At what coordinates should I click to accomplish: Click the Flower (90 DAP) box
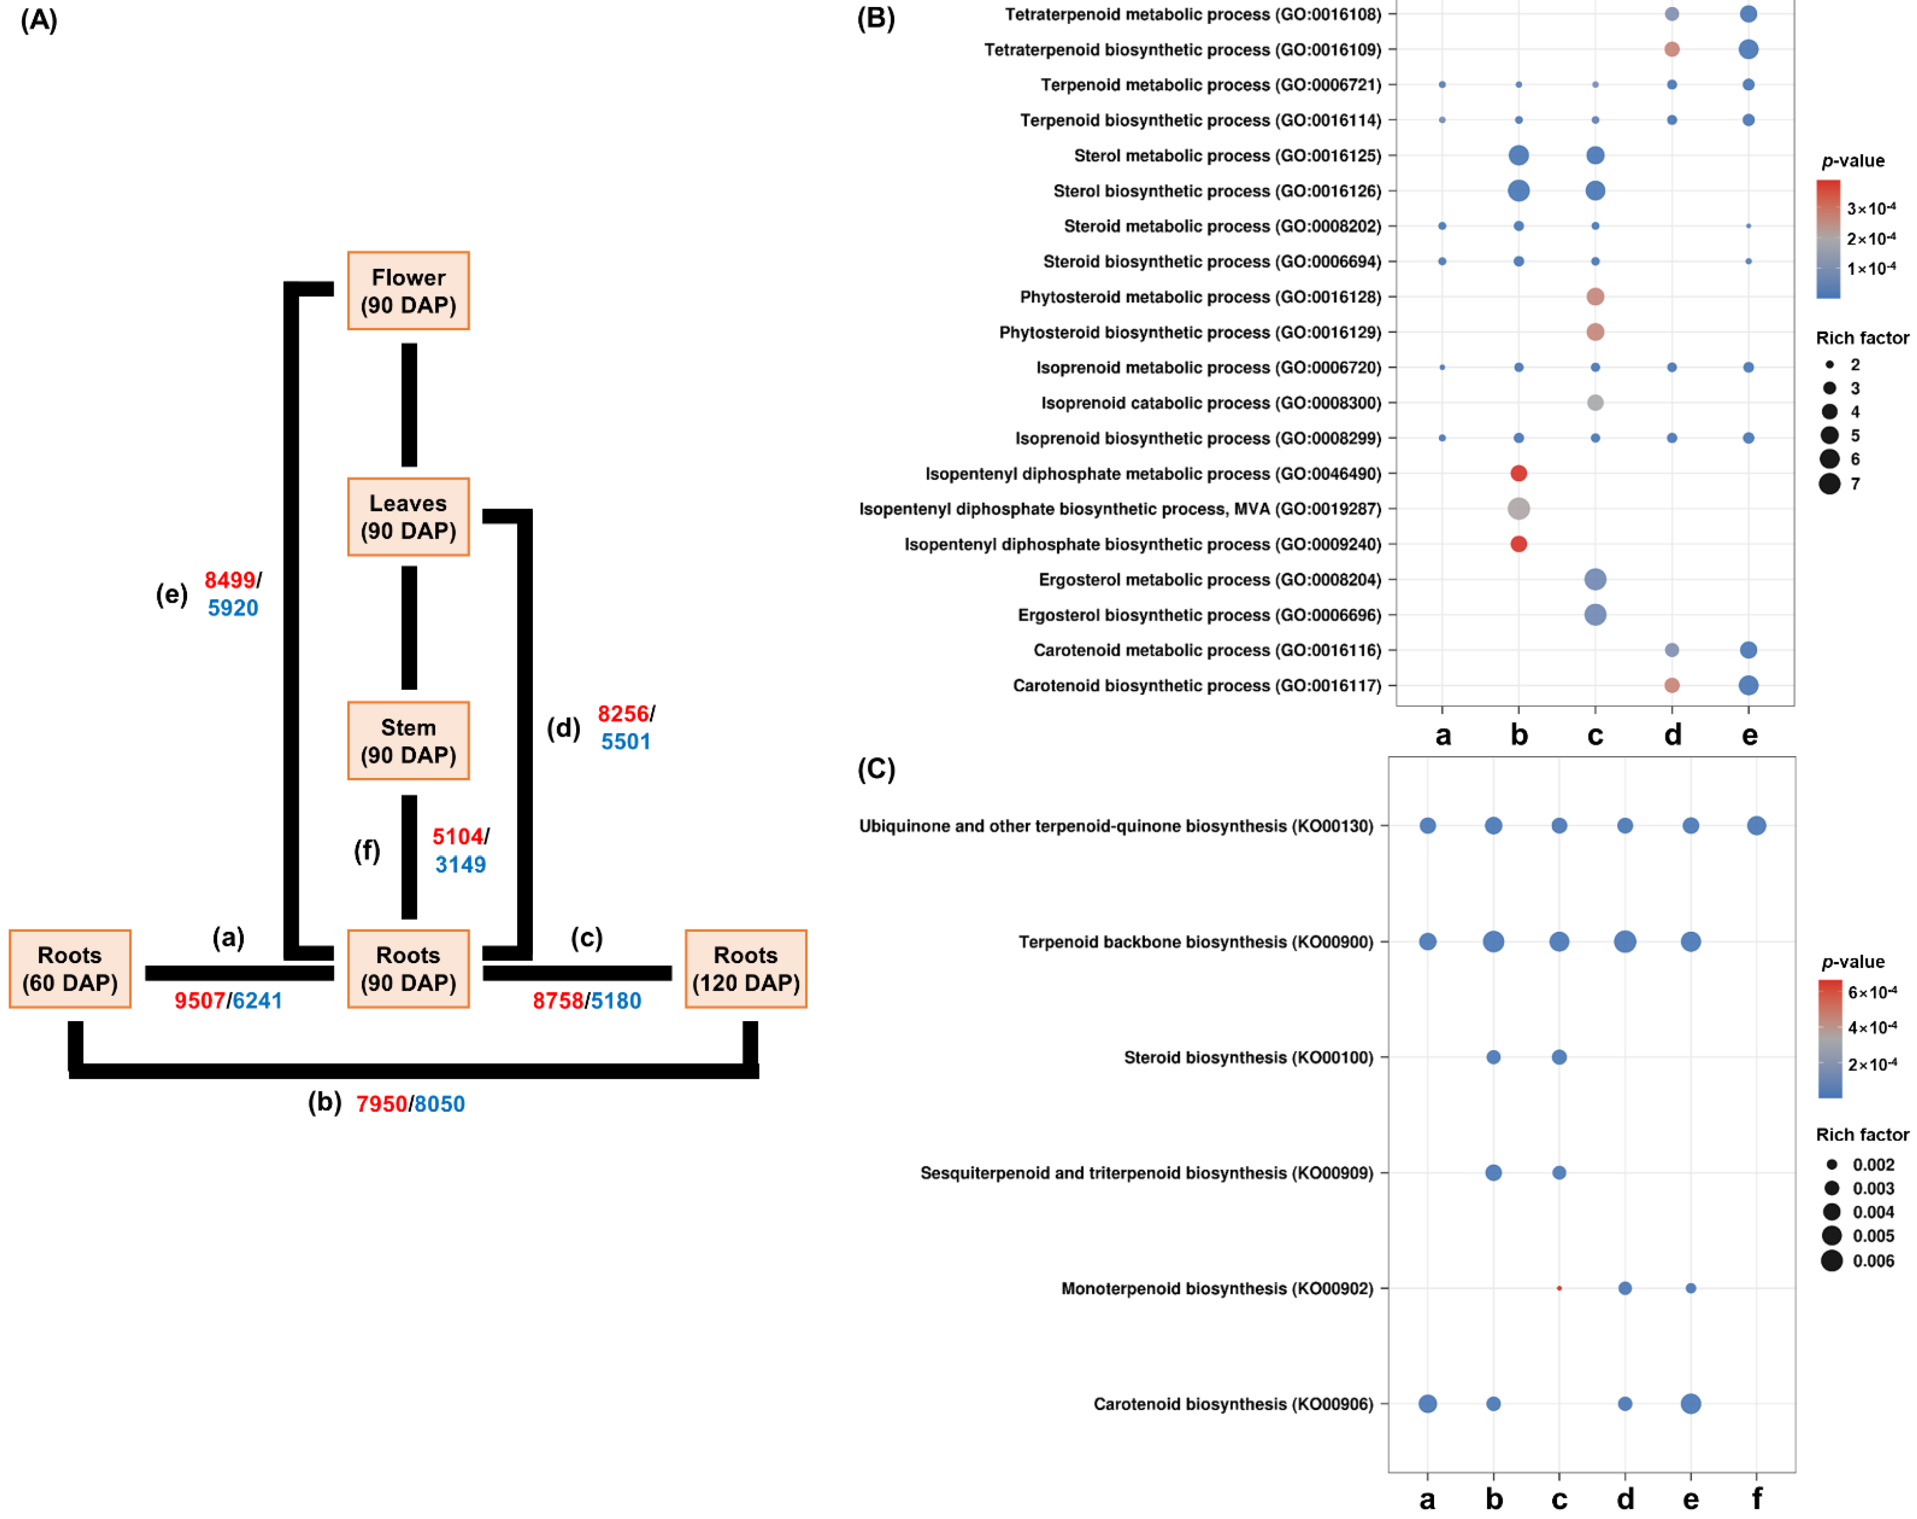point(408,291)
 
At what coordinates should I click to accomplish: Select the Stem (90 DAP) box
point(408,741)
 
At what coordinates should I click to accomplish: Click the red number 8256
point(622,714)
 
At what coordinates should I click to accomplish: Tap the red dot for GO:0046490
point(1519,473)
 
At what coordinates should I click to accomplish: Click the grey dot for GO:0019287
point(1519,509)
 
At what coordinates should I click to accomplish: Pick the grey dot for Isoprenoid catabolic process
point(1595,403)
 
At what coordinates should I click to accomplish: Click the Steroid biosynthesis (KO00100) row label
point(1248,1057)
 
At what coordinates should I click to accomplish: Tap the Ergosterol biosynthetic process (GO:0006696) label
point(1199,616)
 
